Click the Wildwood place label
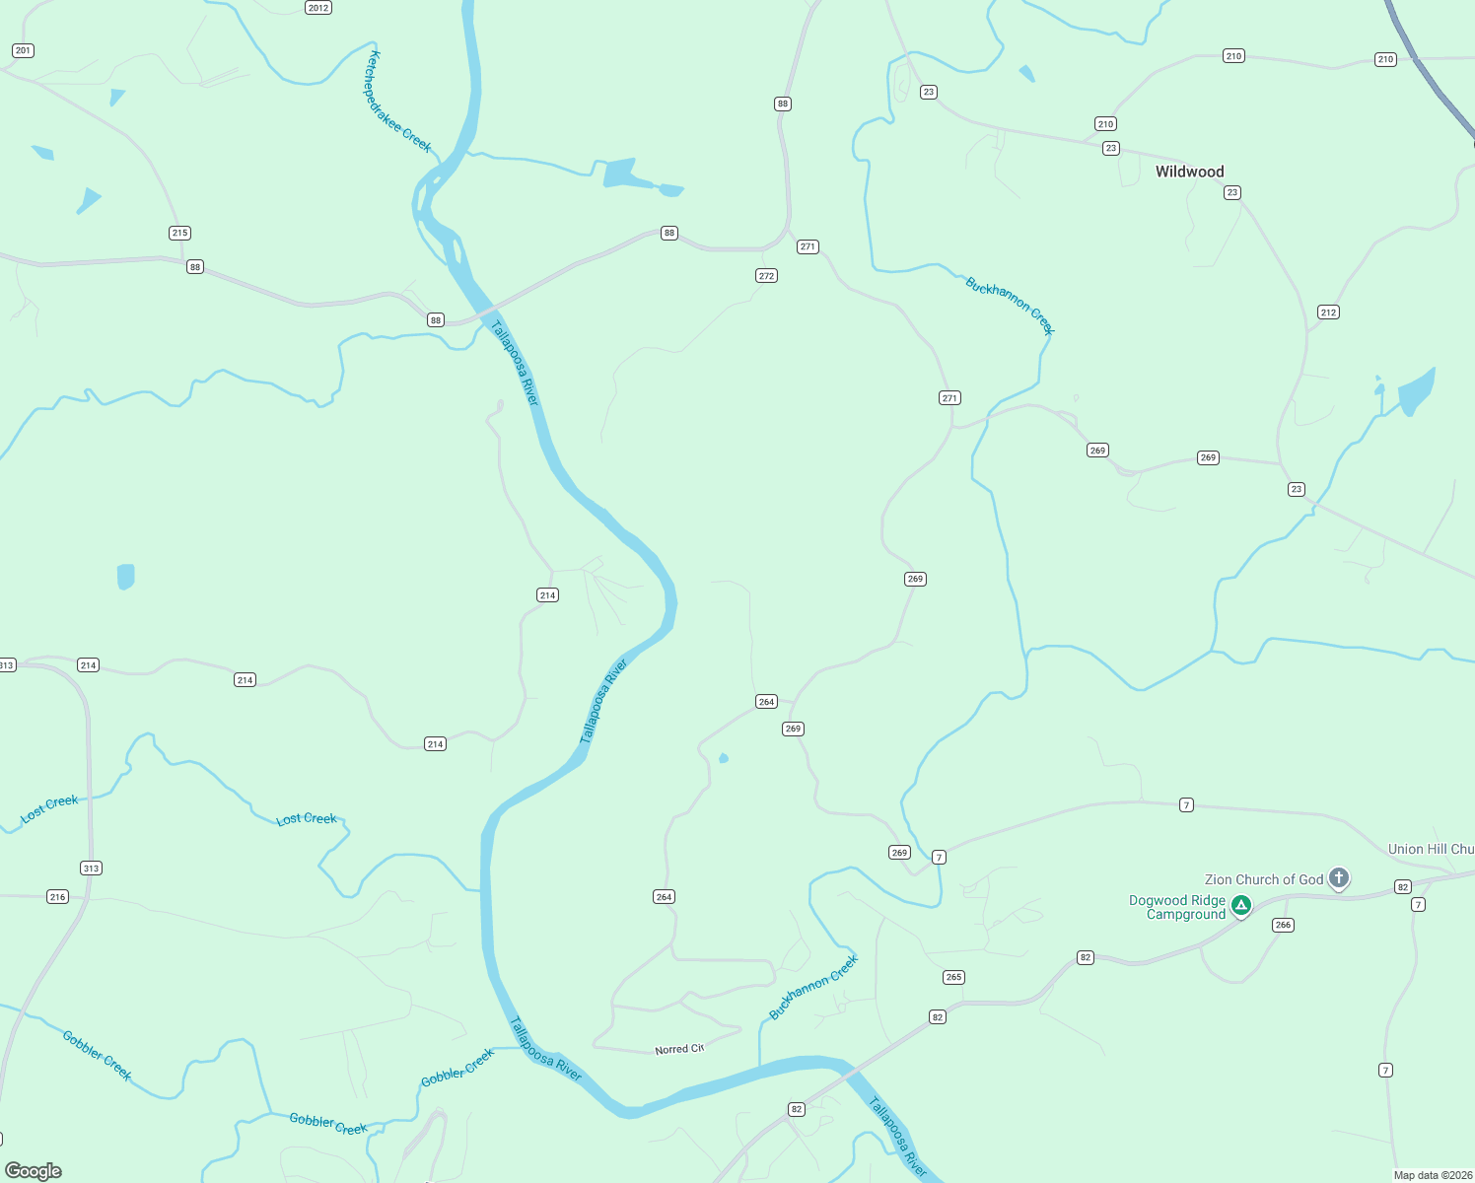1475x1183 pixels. coord(1189,172)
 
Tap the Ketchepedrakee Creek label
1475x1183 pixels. coord(399,102)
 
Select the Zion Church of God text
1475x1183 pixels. coord(1264,879)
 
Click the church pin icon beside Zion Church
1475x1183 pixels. coord(1338,876)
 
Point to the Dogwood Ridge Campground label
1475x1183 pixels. coord(1177,907)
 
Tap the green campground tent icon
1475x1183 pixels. coord(1241,904)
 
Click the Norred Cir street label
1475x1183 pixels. coord(679,1049)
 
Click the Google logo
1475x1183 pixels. coord(34,1170)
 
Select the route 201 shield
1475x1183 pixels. coord(23,50)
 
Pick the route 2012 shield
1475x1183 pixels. coord(317,8)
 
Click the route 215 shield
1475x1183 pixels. coord(179,233)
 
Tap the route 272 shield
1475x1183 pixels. coord(766,276)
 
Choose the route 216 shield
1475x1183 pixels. coord(58,896)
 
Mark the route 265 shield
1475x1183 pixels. coord(953,977)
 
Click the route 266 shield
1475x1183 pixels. coord(1283,925)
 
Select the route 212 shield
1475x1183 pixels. coord(1328,313)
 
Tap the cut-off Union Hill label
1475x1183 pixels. coord(1431,849)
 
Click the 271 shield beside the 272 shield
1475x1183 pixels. coord(808,246)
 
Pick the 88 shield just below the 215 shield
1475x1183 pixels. coord(195,267)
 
